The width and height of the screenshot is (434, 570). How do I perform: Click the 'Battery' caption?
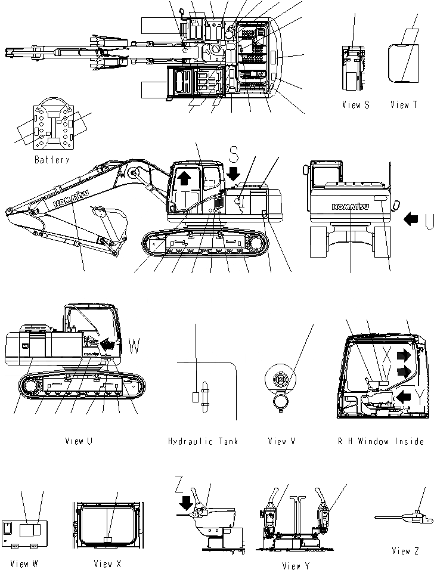[52, 160]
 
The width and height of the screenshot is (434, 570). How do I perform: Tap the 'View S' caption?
[356, 105]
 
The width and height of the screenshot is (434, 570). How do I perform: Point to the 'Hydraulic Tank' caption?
[203, 441]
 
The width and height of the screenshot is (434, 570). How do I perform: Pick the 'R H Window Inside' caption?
[380, 441]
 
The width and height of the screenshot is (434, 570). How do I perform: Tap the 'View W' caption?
[24, 563]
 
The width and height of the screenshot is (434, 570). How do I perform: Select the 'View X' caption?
[107, 563]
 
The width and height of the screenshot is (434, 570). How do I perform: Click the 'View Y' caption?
[296, 566]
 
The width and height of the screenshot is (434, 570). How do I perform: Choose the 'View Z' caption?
[405, 551]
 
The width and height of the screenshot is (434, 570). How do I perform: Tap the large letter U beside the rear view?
[429, 222]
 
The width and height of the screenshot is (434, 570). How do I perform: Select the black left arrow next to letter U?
[411, 219]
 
